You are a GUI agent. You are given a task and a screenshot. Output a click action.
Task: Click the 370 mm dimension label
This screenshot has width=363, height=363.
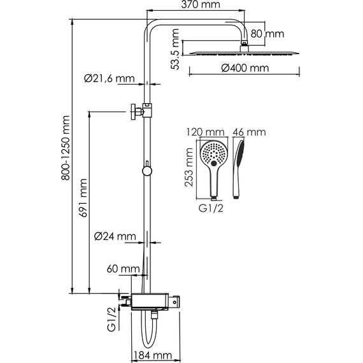(x=197, y=6)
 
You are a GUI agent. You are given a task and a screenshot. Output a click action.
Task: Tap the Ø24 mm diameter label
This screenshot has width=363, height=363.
(x=115, y=236)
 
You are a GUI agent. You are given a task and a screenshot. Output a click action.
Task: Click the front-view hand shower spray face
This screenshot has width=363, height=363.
(x=212, y=155)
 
